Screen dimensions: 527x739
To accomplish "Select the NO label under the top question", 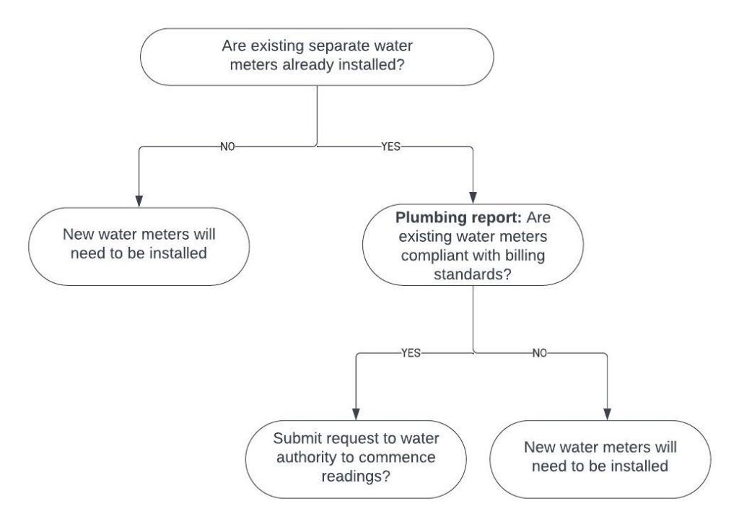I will [228, 146].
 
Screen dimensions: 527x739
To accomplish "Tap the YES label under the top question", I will [390, 146].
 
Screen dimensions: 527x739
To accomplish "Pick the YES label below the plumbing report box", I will [410, 354].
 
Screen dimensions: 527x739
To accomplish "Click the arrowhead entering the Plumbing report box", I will [473, 196].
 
